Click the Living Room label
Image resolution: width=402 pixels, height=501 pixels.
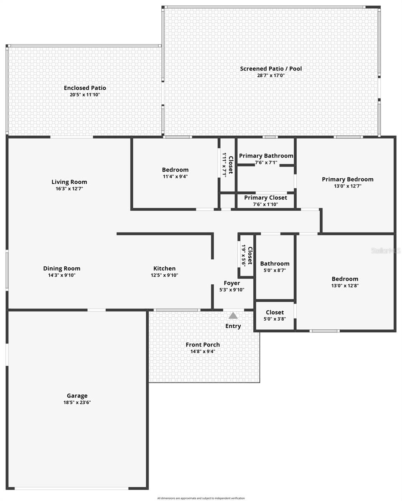point(69,182)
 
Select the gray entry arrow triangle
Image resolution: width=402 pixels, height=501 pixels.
point(233,316)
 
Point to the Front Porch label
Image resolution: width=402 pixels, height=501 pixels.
point(203,344)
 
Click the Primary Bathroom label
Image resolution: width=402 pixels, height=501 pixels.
point(266,156)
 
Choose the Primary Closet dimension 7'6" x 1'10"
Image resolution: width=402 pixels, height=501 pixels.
point(265,204)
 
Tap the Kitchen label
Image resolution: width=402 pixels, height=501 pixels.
point(164,268)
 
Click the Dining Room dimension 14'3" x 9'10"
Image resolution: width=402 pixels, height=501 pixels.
point(61,275)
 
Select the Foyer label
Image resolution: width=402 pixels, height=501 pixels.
point(232,283)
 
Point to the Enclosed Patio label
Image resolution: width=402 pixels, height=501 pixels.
point(85,88)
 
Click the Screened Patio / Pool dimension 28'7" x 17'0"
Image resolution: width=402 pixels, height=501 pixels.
point(271,76)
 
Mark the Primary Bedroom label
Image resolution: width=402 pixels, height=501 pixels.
point(348,179)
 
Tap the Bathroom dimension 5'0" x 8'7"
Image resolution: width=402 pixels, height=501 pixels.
point(275,270)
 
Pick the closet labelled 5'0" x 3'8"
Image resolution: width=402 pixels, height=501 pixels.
point(275,319)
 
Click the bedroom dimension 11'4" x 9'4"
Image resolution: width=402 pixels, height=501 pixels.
point(175,176)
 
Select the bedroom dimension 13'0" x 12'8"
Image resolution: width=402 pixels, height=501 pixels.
point(345,286)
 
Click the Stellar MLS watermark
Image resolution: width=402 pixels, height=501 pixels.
point(386,251)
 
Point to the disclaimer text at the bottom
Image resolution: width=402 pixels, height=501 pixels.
point(201,498)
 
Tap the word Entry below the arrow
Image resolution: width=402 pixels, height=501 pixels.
point(233,326)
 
